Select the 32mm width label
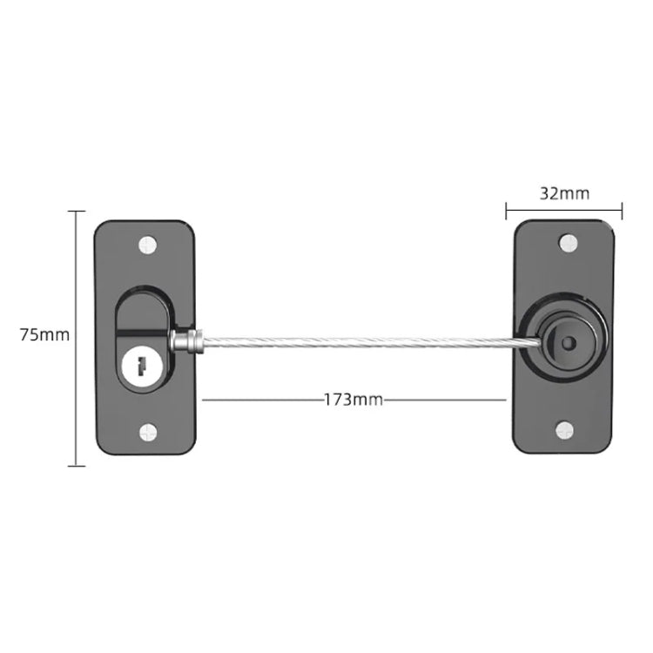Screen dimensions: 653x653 [x=563, y=193]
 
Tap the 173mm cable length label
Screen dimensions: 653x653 [x=353, y=400]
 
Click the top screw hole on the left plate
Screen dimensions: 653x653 [x=145, y=244]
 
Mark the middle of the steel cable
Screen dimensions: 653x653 [x=357, y=342]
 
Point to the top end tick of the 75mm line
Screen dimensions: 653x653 [x=77, y=211]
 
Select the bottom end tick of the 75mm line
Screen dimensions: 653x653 [x=77, y=466]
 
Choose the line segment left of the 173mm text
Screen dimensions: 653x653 [x=261, y=400]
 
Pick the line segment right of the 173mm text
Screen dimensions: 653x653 [x=444, y=400]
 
